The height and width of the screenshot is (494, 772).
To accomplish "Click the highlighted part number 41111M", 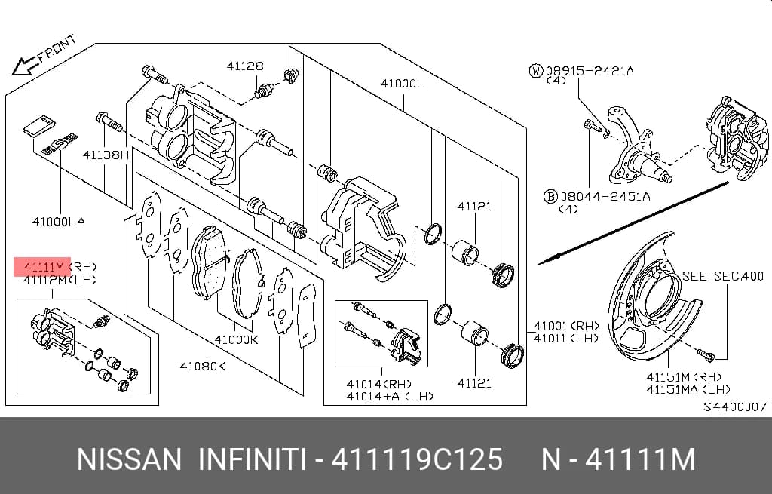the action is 44,267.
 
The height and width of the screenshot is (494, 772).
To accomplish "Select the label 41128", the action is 245,66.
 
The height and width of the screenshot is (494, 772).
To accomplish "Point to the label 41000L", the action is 403,84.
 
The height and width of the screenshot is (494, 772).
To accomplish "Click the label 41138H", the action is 106,155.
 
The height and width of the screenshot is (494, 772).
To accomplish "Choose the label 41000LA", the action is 59,222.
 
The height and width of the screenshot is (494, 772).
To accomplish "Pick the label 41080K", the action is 202,366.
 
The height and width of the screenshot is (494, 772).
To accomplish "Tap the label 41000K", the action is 236,339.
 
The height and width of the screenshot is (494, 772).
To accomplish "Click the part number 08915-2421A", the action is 590,71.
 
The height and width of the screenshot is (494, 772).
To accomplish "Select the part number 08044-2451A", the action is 605,197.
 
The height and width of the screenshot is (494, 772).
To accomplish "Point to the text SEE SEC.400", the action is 723,276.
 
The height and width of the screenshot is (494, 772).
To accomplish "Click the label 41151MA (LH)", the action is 688,390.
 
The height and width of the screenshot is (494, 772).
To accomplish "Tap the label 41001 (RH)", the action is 566,326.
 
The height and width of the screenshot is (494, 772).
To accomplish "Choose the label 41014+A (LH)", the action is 390,397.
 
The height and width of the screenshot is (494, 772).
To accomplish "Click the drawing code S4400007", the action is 734,407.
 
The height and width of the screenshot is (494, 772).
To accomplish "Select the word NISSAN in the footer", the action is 130,459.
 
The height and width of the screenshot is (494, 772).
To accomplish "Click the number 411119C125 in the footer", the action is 417,459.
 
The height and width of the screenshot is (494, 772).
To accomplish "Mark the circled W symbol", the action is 536,71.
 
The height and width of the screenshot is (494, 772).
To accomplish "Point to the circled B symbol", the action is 550,197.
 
